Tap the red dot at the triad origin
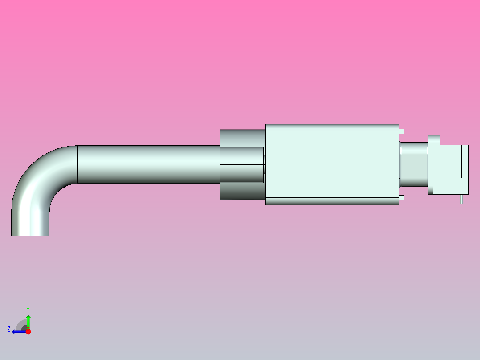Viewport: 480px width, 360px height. [x=28, y=331]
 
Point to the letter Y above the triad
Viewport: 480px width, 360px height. [x=28, y=309]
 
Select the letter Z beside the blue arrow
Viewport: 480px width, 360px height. [x=9, y=329]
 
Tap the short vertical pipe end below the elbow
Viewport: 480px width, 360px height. [x=30, y=223]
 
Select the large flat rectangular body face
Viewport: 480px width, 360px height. [x=332, y=164]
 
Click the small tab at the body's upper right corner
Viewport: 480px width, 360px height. [x=402, y=131]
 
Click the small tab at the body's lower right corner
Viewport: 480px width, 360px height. [x=402, y=197]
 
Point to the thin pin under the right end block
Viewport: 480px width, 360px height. [x=461, y=199]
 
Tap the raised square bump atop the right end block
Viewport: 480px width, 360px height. [x=434, y=139]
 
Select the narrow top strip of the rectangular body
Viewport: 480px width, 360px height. [x=332, y=127]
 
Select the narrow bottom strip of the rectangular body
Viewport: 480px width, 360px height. [x=332, y=201]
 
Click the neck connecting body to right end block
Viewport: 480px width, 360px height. [x=414, y=164]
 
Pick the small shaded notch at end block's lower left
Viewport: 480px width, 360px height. [x=431, y=190]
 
